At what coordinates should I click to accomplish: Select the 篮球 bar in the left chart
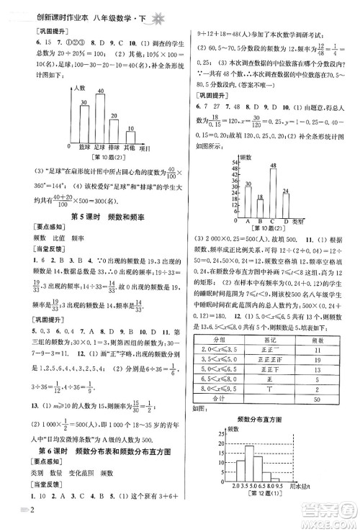(x=84, y=124)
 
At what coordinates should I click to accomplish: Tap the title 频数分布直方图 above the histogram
(x=262, y=439)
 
